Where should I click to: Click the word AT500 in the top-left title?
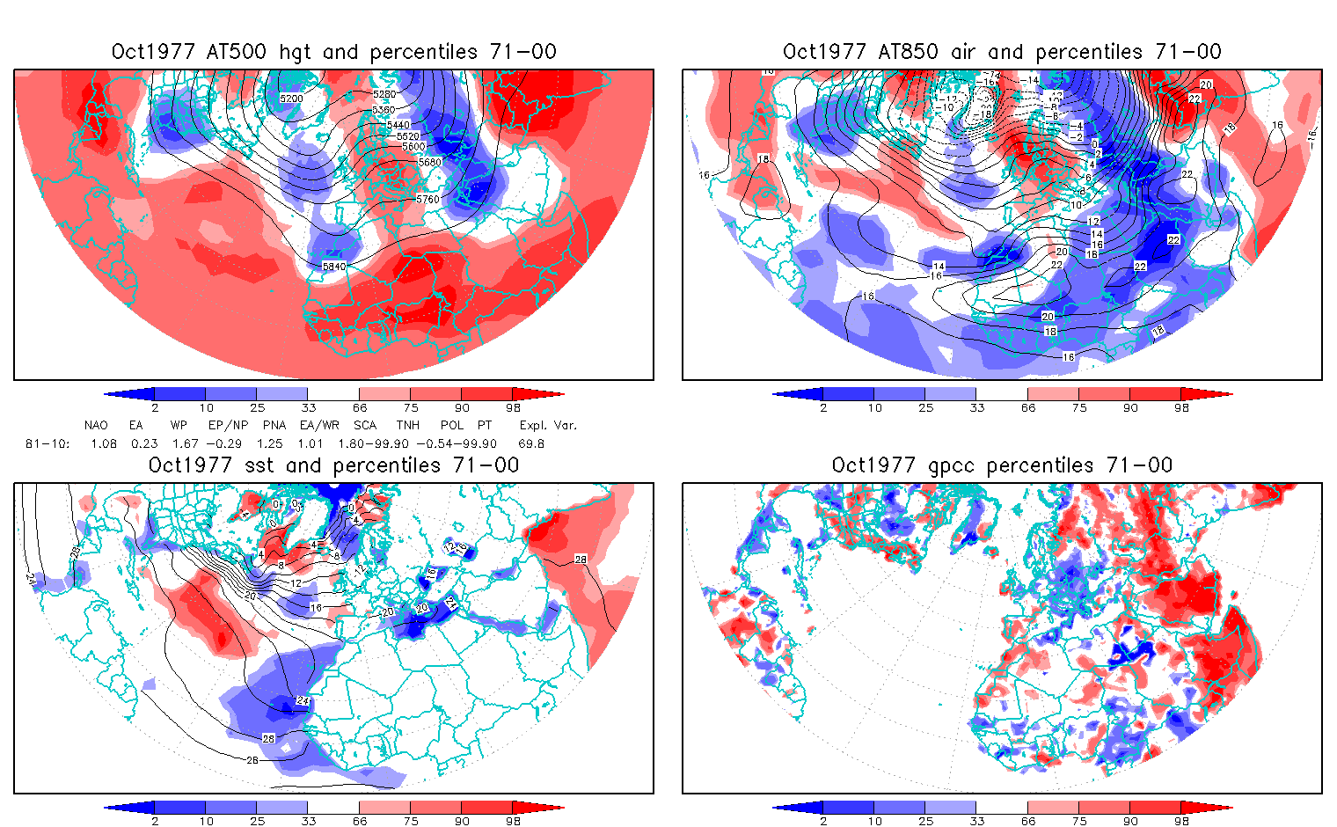pyautogui.click(x=237, y=52)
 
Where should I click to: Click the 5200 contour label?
pyautogui.click(x=291, y=99)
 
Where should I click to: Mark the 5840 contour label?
pyautogui.click(x=334, y=267)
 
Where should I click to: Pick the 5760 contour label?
pyautogui.click(x=427, y=200)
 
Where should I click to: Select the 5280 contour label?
pyautogui.click(x=384, y=94)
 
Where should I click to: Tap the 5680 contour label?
pyautogui.click(x=430, y=163)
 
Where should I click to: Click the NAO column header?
pyautogui.click(x=96, y=425)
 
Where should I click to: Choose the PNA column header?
pyautogui.click(x=274, y=425)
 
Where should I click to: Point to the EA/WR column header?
pyautogui.click(x=319, y=425)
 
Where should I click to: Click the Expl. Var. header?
pyautogui.click(x=548, y=425)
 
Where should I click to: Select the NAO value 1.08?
pyautogui.click(x=104, y=444)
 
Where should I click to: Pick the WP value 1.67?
pyautogui.click(x=186, y=444)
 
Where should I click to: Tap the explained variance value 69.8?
pyautogui.click(x=531, y=444)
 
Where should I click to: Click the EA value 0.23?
pyautogui.click(x=144, y=444)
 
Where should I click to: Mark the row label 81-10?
pyautogui.click(x=47, y=444)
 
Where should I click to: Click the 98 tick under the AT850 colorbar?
pyautogui.click(x=1181, y=408)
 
